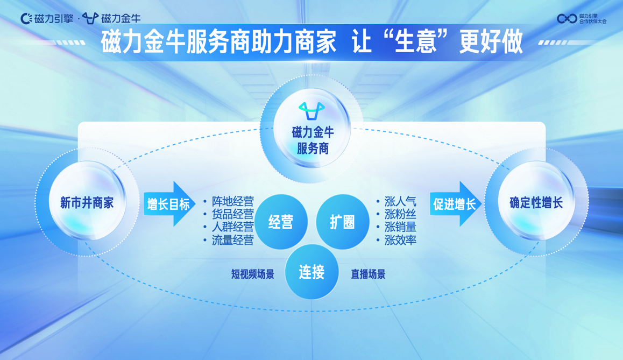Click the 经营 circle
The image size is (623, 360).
pyautogui.click(x=281, y=221)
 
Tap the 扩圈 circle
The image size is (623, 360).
pyautogui.click(x=343, y=221)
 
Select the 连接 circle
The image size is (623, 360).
pyautogui.click(x=312, y=272)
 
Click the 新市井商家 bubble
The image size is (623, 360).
pyautogui.click(x=87, y=202)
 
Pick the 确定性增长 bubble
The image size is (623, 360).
pyautogui.click(x=536, y=202)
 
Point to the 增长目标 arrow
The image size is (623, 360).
pyautogui.click(x=169, y=204)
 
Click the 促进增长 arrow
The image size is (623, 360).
pyautogui.click(x=456, y=204)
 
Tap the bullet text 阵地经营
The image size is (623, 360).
pyautogui.click(x=232, y=201)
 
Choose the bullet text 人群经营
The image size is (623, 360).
pyautogui.click(x=232, y=227)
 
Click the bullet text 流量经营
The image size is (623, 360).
pyautogui.click(x=232, y=239)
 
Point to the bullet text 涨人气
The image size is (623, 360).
pyautogui.click(x=400, y=201)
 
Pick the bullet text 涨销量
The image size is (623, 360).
pyautogui.click(x=400, y=227)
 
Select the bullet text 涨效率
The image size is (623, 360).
pyautogui.click(x=400, y=239)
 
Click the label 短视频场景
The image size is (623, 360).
pyautogui.click(x=253, y=274)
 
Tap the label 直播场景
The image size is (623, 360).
pyautogui.click(x=368, y=274)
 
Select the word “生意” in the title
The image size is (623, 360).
pyautogui.click(x=415, y=42)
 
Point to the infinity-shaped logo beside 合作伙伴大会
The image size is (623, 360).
pyautogui.click(x=567, y=18)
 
